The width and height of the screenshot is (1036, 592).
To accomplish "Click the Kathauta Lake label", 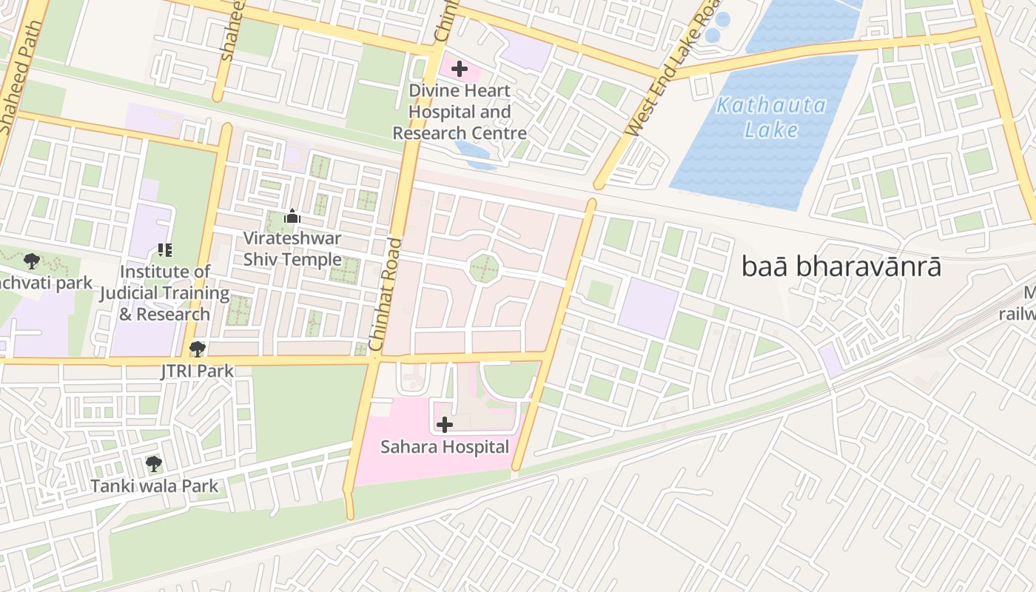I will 771,117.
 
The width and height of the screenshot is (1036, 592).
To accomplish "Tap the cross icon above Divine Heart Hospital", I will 460,69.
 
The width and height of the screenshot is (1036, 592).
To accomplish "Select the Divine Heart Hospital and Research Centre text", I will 460,112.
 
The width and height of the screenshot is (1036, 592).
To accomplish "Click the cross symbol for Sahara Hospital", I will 445,424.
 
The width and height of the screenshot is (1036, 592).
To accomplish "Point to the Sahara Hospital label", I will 445,447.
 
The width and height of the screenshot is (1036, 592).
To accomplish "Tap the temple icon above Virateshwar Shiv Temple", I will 292,217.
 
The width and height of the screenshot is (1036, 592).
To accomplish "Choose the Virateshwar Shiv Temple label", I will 292,249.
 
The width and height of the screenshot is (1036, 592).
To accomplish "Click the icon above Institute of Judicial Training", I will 164,251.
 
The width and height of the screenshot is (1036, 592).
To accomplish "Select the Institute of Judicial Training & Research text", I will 164,293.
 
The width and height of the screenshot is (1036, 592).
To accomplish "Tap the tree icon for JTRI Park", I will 197,349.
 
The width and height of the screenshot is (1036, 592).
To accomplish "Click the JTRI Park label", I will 197,371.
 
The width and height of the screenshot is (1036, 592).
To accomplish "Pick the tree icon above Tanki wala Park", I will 154,464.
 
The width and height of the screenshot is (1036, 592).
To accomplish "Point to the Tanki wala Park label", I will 154,486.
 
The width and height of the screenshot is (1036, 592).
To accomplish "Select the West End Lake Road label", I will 673,70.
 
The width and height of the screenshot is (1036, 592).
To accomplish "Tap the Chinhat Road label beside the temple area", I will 386,295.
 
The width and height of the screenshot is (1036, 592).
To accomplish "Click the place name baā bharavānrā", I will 841,267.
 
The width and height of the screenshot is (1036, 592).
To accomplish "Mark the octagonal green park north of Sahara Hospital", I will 485,267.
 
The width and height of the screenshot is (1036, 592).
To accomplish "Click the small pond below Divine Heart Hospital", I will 474,154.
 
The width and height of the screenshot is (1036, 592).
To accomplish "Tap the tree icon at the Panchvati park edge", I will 32,260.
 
